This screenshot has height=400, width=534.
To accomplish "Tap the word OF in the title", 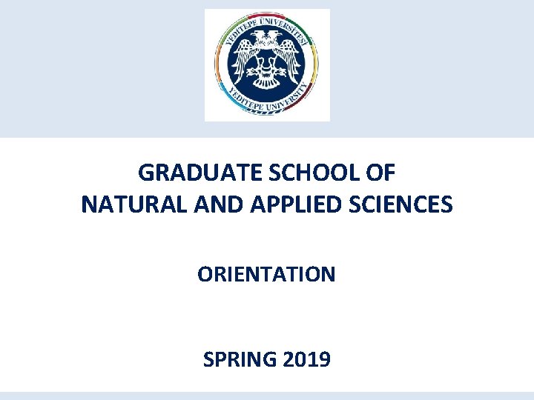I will [x=382, y=173].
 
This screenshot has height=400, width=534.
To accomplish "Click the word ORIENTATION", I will [x=266, y=275].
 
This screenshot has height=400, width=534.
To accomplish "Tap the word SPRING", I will [x=240, y=361].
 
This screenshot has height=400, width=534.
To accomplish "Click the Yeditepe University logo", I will [x=267, y=65].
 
